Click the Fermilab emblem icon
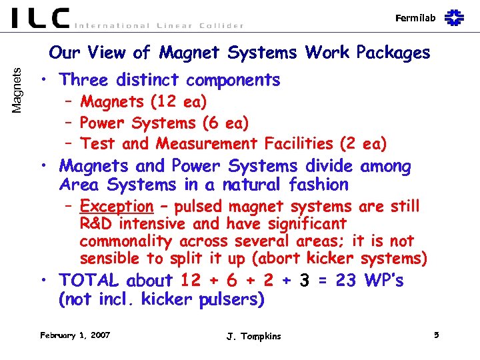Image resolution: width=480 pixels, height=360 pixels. (454, 17)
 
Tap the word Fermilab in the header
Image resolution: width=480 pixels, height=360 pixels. (415, 18)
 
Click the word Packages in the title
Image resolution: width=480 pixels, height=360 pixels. (393, 52)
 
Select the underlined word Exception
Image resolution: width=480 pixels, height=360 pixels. (116, 207)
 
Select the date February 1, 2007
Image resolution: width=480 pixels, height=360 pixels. (75, 335)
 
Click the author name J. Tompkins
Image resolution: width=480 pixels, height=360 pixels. (253, 336)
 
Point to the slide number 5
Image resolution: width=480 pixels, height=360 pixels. (436, 335)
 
